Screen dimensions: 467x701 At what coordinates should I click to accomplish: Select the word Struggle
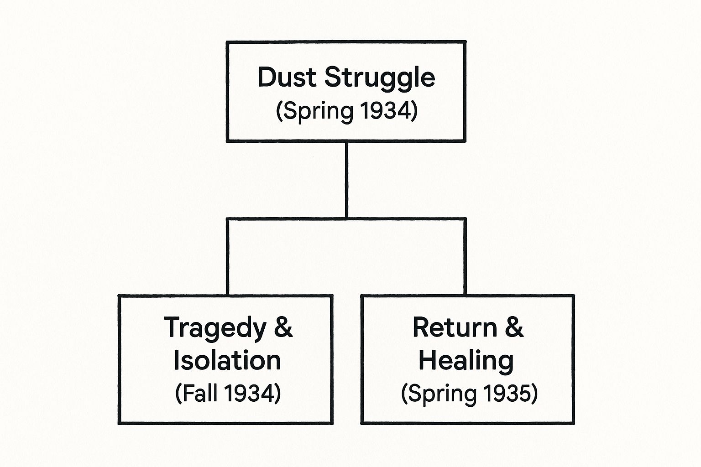pos(380,78)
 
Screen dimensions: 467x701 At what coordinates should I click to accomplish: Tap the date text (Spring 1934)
pos(346,111)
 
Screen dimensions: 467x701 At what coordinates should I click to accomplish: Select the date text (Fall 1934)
pos(228,393)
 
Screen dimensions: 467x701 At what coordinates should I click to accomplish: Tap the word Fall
pos(200,393)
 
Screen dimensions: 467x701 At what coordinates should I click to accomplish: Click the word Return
pos(455,327)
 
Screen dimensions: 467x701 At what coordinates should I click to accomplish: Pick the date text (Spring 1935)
pos(469,393)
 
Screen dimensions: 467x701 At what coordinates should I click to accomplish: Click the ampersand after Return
pos(514,327)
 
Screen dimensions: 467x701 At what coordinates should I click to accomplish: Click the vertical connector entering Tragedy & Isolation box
pos(227,258)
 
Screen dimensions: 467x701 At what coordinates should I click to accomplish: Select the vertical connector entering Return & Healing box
pos(465,258)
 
